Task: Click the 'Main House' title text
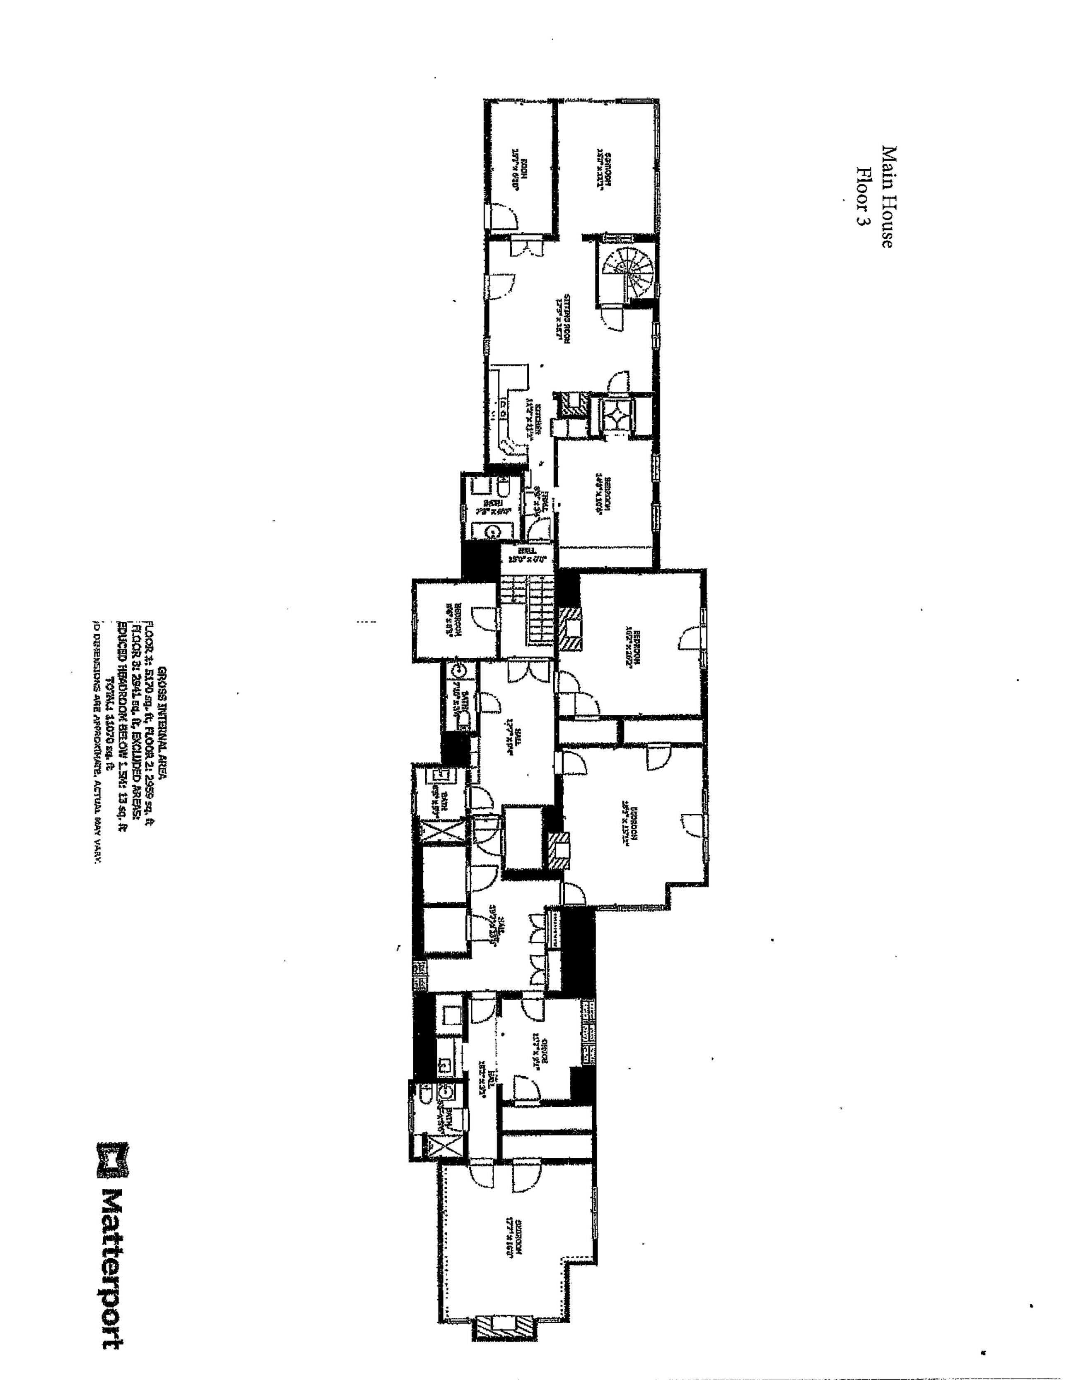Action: pyautogui.click(x=887, y=197)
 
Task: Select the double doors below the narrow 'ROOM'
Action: pyautogui.click(x=524, y=245)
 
